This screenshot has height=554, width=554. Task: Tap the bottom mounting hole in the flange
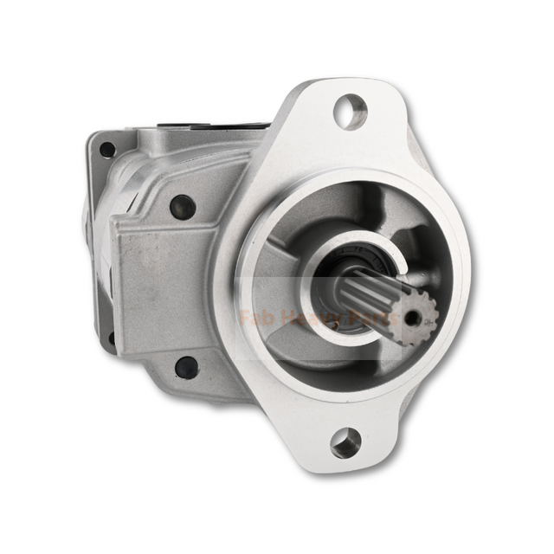pos(345,442)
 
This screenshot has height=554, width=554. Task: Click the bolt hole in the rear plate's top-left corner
pos(107,149)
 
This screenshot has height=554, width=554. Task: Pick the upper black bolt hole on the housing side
pos(183,207)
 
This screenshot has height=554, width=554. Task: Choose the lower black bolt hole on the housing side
pos(186,367)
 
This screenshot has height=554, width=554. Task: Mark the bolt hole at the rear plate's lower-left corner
pos(111,338)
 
